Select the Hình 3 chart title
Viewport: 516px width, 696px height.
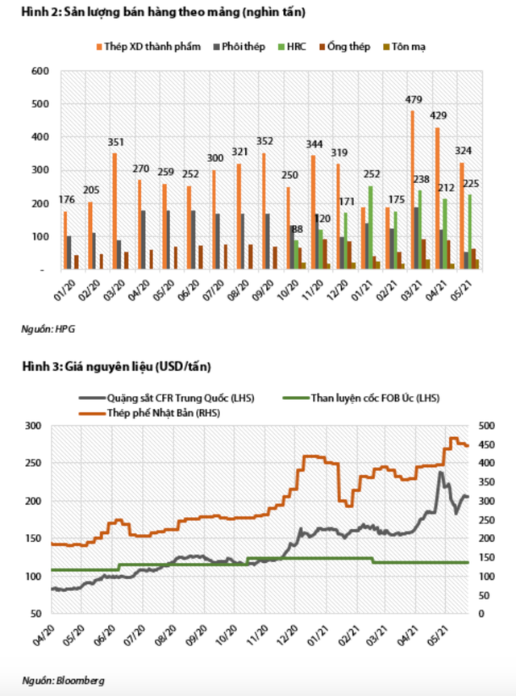pos(116,367)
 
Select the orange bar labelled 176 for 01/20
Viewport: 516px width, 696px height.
pos(65,240)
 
